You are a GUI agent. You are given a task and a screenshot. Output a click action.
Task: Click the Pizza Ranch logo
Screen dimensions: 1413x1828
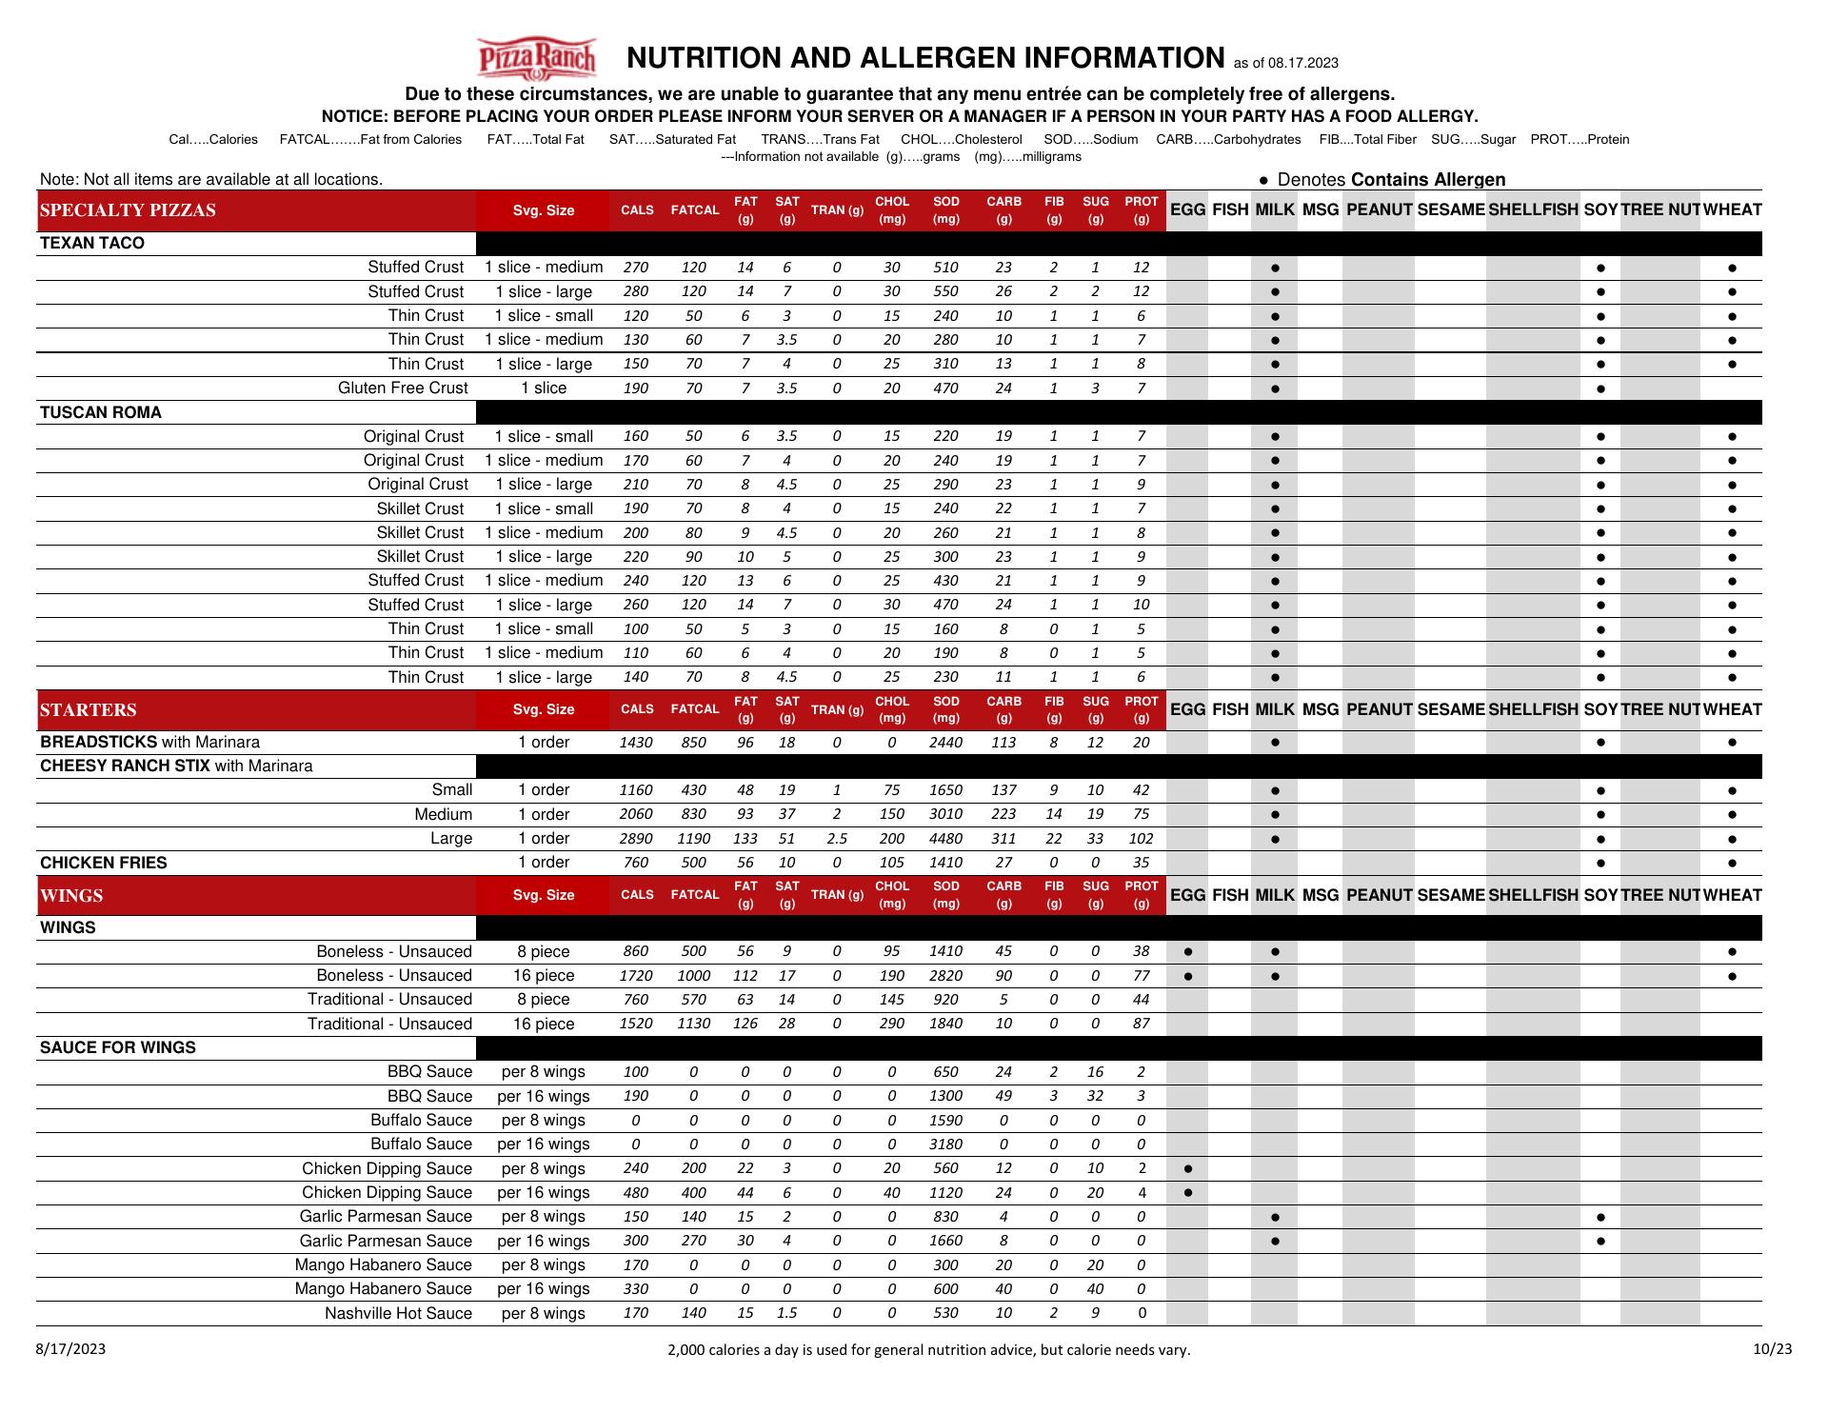point(537,58)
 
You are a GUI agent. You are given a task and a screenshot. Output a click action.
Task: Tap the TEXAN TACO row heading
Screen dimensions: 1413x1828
point(92,243)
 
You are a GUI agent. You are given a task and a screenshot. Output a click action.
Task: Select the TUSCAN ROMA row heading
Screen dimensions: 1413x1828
point(101,412)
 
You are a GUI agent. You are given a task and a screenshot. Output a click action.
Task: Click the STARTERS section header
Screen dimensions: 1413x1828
point(89,709)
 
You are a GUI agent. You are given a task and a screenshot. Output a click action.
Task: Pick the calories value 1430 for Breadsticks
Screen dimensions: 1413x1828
point(636,743)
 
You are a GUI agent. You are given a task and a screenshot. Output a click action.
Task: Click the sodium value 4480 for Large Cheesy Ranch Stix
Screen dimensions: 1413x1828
point(945,839)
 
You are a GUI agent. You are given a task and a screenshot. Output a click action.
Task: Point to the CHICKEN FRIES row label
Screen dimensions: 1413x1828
point(104,863)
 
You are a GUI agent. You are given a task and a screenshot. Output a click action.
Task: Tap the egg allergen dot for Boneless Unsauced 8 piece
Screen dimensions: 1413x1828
point(1187,951)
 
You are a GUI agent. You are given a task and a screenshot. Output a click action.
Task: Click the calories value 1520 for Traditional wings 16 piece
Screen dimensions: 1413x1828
point(636,1024)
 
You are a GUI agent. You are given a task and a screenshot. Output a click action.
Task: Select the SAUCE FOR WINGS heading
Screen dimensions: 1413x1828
point(118,1047)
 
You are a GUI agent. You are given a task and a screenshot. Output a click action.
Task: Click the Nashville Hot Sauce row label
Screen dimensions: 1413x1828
point(398,1313)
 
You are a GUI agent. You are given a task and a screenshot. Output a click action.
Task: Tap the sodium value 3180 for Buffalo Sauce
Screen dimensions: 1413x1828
point(945,1144)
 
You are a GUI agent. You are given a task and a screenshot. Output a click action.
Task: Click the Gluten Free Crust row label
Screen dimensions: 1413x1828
point(403,388)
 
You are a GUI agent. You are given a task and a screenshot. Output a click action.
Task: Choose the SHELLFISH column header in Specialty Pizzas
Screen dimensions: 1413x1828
point(1533,210)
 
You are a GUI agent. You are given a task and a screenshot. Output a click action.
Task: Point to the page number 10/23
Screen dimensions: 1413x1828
point(1773,1348)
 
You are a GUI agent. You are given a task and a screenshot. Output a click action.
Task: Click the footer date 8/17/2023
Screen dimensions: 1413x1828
point(71,1348)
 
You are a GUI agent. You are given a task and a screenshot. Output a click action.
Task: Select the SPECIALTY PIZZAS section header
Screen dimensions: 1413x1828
point(128,210)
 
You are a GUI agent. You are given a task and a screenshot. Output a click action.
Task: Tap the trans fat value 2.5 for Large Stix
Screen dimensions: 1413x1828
point(836,839)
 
